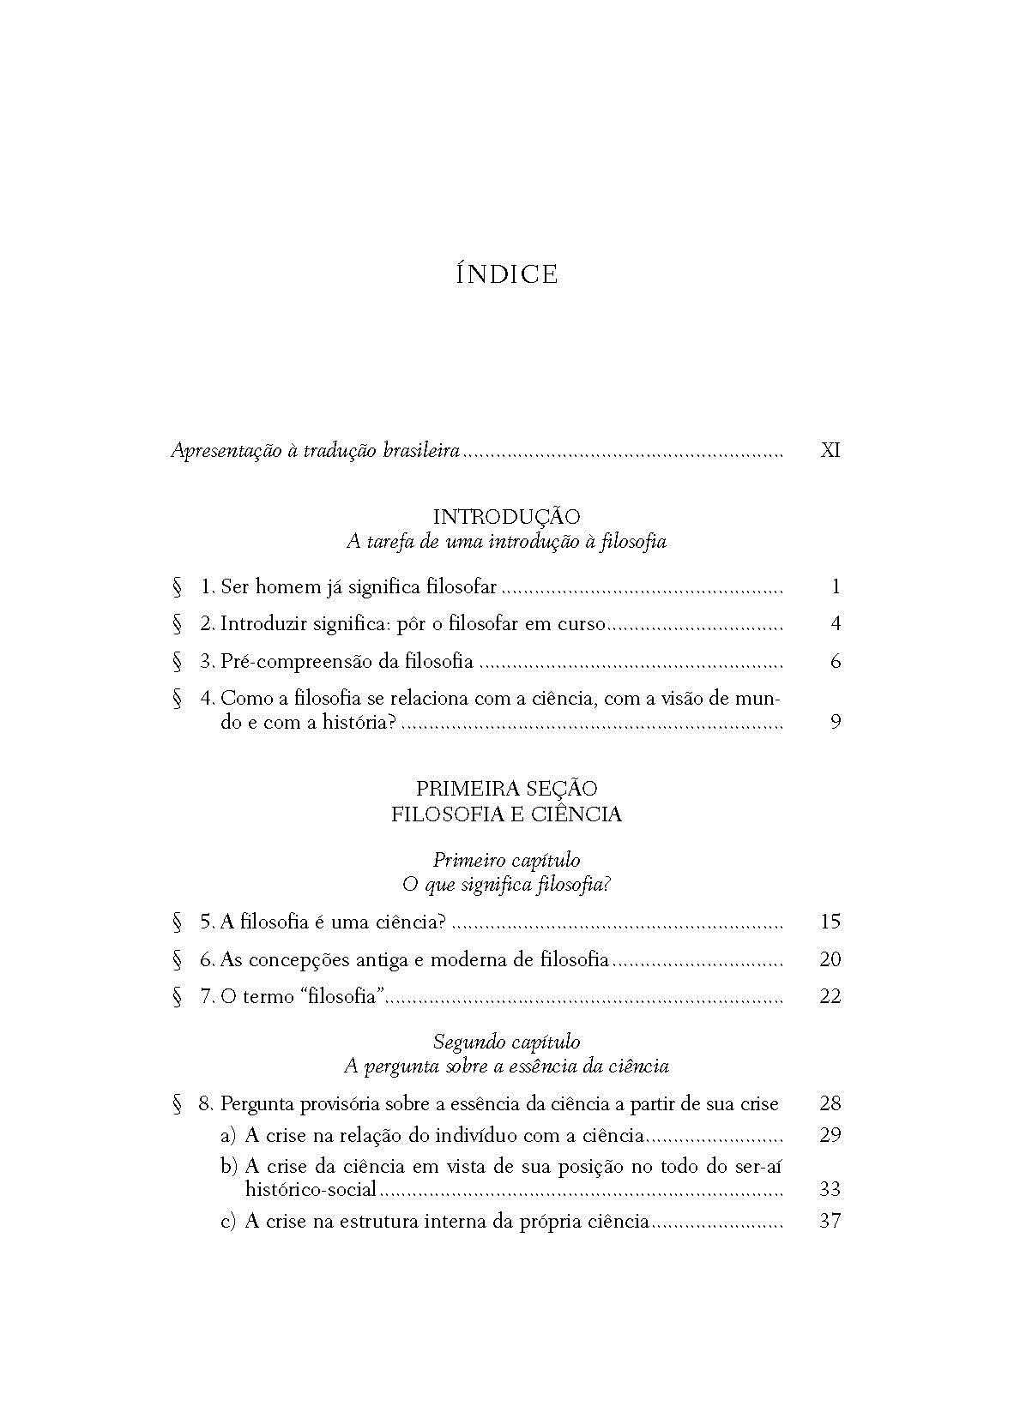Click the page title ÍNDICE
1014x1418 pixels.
pyautogui.click(x=507, y=274)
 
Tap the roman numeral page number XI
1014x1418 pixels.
pyautogui.click(x=830, y=450)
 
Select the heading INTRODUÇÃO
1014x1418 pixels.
pyautogui.click(x=506, y=517)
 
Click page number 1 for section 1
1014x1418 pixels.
pyautogui.click(x=836, y=587)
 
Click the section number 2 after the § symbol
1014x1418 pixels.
pyautogui.click(x=206, y=624)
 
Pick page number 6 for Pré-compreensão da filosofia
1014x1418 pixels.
pyautogui.click(x=836, y=661)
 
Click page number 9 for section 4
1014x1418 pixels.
pyautogui.click(x=836, y=722)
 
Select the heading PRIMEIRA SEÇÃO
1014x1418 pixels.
pyautogui.click(x=506, y=788)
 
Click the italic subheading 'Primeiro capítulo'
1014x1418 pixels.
pyautogui.click(x=506, y=860)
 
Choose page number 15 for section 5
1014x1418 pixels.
pyautogui.click(x=830, y=922)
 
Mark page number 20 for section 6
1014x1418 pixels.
pyautogui.click(x=830, y=959)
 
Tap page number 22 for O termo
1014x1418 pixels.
pyautogui.click(x=830, y=996)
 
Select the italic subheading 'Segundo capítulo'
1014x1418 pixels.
pyautogui.click(x=506, y=1042)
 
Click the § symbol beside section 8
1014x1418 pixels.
pyautogui.click(x=178, y=1104)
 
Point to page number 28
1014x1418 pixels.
pyautogui.click(x=830, y=1104)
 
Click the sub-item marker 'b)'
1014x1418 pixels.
pyautogui.click(x=228, y=1166)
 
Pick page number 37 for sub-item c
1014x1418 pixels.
pyautogui.click(x=830, y=1221)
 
